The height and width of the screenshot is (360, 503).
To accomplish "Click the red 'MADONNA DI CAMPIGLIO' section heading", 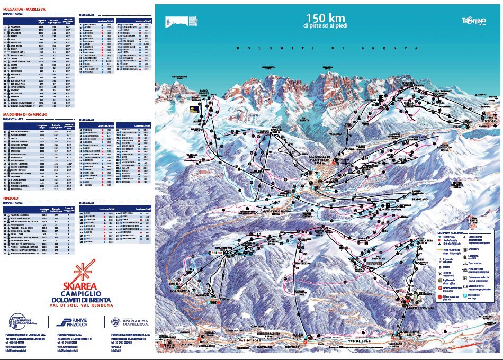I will tap(27, 114).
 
